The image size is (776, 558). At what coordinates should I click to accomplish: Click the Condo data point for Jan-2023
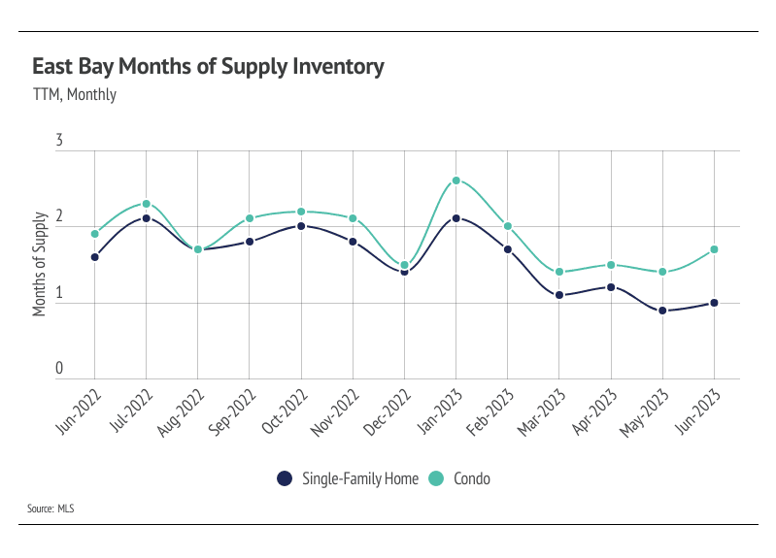point(455,181)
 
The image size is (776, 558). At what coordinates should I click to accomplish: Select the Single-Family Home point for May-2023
point(662,311)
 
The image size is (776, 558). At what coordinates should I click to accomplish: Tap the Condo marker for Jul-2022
point(146,204)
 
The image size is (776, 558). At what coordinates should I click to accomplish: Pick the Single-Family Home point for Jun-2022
point(94,257)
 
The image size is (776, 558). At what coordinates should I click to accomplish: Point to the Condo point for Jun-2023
point(714,249)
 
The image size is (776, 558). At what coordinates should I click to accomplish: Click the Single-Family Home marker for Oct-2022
point(301,226)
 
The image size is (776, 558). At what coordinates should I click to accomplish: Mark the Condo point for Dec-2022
point(404,265)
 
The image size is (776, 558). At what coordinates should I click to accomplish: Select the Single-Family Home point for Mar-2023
point(559,295)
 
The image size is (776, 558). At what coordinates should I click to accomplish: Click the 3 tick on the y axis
point(59,142)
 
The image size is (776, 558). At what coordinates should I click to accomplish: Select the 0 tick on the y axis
point(59,369)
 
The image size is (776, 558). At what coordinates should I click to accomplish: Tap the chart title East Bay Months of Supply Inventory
point(208,67)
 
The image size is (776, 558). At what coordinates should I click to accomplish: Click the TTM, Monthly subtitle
point(74,95)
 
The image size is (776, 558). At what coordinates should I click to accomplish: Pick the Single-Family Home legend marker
point(285,477)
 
